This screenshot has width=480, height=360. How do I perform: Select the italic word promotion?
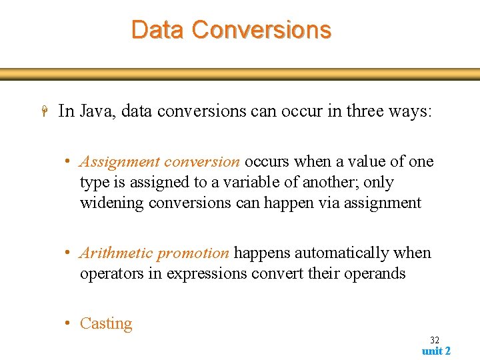[193, 253]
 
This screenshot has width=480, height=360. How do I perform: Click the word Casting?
[106, 324]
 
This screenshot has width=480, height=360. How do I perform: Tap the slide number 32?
[435, 340]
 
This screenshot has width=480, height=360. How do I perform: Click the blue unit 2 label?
[436, 351]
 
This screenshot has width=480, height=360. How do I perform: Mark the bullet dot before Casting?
[69, 324]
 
